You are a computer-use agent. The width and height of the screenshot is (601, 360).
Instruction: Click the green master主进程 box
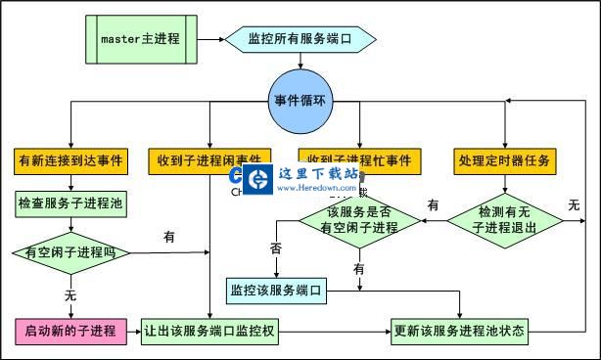click(141, 39)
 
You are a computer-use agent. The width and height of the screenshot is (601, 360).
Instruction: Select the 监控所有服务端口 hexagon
click(300, 39)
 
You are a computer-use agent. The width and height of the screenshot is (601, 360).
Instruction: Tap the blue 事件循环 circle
click(302, 102)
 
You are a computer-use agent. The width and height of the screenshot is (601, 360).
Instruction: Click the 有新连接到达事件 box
click(69, 159)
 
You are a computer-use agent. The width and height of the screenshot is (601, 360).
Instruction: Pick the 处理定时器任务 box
click(505, 159)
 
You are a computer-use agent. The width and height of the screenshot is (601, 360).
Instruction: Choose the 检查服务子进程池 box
click(70, 204)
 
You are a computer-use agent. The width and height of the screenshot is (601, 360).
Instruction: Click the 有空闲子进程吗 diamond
click(69, 253)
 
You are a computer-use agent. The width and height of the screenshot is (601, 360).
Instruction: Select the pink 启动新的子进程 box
click(70, 331)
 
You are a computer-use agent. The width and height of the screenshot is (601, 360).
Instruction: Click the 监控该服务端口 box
click(275, 290)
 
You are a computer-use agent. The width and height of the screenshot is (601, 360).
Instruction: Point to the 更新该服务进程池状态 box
click(459, 331)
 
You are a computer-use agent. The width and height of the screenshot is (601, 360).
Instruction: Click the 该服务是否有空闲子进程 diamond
click(359, 220)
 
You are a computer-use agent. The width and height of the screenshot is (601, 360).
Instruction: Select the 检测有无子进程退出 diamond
click(506, 220)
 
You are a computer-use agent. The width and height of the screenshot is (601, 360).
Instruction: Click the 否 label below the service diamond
click(275, 249)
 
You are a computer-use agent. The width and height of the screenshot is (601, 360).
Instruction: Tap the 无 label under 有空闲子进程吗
click(70, 293)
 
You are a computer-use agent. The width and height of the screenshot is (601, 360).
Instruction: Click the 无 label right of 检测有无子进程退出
click(575, 205)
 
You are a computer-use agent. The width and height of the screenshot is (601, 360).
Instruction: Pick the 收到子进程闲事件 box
click(209, 159)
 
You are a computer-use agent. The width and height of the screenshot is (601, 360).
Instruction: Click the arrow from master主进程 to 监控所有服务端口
click(207, 39)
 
